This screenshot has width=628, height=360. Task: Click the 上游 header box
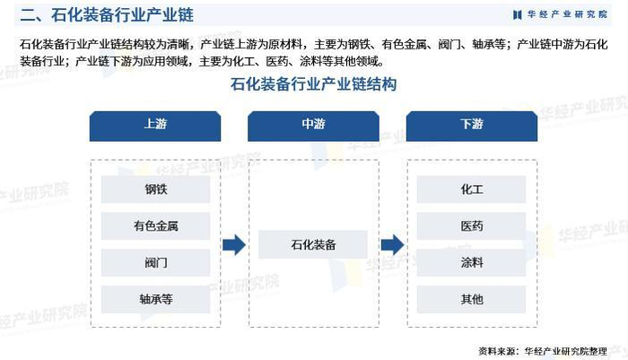[x=155, y=125]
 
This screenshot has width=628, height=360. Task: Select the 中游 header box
[x=313, y=125]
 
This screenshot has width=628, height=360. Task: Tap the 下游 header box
[x=471, y=125]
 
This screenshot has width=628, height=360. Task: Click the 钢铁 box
[x=155, y=189]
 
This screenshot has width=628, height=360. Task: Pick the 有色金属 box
[x=155, y=226]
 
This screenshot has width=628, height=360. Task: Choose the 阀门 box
[x=155, y=263]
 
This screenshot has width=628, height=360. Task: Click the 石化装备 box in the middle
[x=313, y=244]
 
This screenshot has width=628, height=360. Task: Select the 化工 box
[x=471, y=189]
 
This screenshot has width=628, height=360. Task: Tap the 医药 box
[x=471, y=226]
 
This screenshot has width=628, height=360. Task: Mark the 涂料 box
[x=471, y=263]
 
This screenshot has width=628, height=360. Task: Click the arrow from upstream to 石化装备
[x=234, y=244]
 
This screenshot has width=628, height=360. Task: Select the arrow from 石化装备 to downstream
[x=392, y=244]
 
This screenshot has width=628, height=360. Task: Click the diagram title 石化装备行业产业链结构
[x=313, y=85]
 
